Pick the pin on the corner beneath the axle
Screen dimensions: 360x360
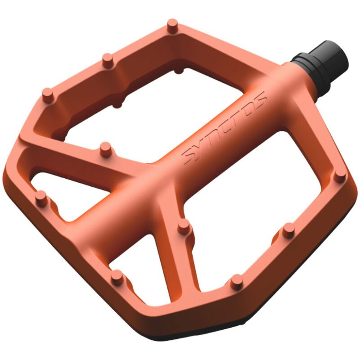click(340, 175)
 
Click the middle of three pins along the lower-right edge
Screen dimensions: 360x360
click(288, 230)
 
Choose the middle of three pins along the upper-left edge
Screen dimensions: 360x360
click(108, 60)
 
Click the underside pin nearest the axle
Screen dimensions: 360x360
click(179, 70)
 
